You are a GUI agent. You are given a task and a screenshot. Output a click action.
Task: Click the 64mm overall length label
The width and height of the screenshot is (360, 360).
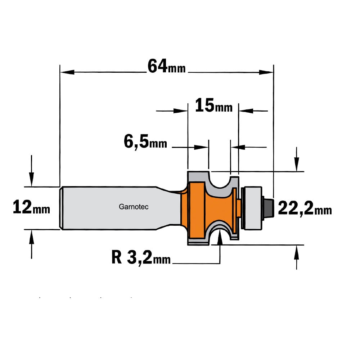coord(166,66)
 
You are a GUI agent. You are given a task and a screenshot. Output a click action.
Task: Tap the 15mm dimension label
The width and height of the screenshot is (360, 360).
coord(214,105)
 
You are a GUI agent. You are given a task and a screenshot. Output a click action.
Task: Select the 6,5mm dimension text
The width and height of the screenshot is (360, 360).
coord(145,141)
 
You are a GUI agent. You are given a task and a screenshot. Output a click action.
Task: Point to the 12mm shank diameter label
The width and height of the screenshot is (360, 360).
coord(31,207)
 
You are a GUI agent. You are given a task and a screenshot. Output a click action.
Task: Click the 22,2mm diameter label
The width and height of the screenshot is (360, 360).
coord(305,208)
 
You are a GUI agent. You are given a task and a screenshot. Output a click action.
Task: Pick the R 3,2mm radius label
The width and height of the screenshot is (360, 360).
coord(141,258)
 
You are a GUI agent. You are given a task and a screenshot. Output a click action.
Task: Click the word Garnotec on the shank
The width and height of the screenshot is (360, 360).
coord(134,207)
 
